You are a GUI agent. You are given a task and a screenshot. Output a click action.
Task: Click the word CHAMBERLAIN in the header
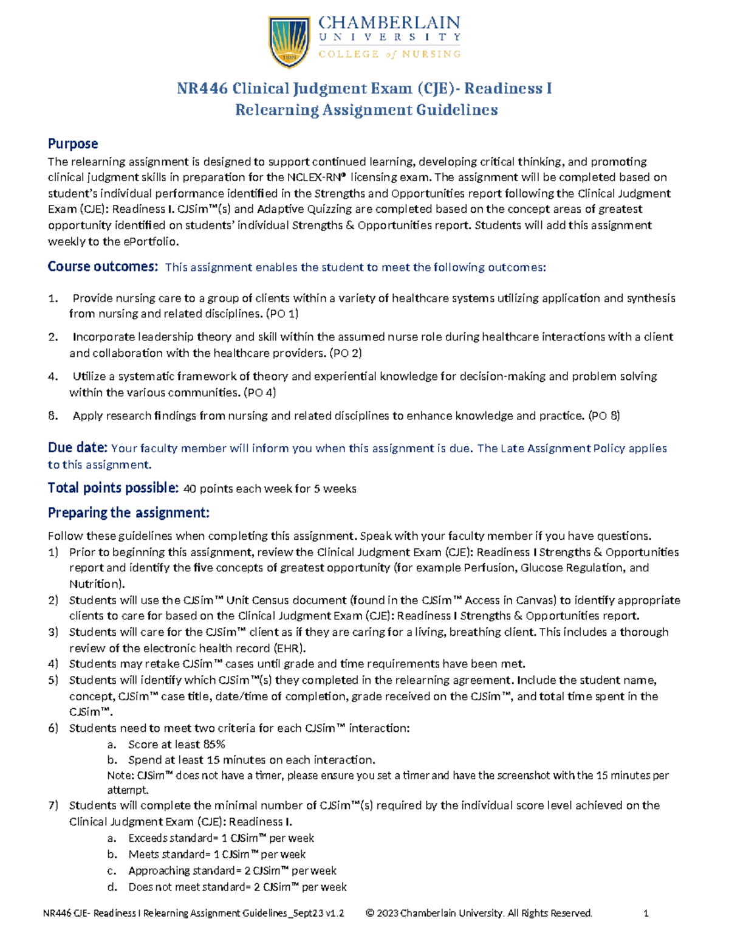pos(389,22)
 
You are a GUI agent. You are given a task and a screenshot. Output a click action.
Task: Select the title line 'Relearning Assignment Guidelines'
pos(366,110)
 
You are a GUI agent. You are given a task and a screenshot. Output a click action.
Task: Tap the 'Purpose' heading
pos(73,143)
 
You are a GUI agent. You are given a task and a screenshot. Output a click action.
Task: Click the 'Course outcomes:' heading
pos(103,267)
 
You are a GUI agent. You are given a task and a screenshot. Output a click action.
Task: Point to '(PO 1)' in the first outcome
pos(282,314)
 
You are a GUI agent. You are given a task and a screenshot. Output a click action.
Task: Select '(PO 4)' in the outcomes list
pos(259,393)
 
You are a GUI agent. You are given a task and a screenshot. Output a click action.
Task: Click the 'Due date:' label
pos(77,448)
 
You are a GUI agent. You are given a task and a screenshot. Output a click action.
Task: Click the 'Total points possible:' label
pos(113,488)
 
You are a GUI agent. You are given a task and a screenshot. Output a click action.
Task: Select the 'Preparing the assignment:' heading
pos(128,513)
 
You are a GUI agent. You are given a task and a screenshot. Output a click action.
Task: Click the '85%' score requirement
pos(214,744)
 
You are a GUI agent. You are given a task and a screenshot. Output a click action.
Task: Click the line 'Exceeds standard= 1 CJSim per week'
pos(221,838)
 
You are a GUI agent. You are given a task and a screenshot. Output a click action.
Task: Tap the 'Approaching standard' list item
pos(232,871)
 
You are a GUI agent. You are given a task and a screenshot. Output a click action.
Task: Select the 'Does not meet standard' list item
pos(237,887)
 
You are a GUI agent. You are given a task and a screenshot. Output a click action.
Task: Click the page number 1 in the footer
pos(646,913)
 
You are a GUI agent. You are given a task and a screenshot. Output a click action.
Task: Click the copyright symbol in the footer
pos(370,913)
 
